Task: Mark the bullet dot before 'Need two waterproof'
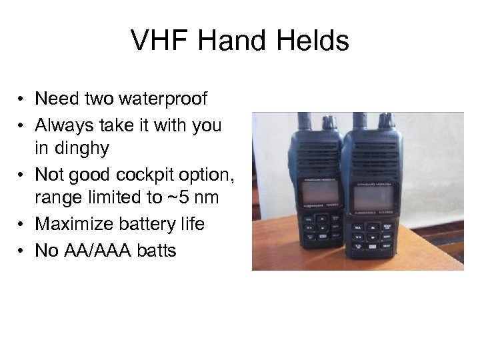click(22, 100)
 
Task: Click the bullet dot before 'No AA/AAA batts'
click(22, 252)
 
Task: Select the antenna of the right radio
click(359, 120)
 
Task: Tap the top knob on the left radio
click(329, 123)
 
